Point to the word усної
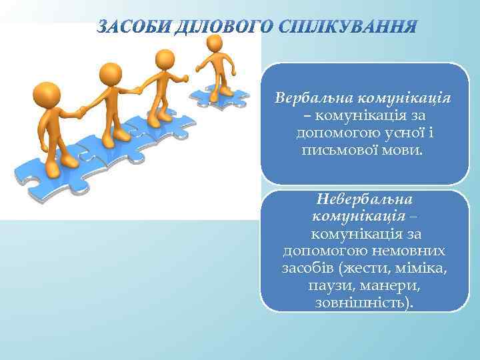(x=393, y=133)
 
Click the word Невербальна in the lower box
(x=365, y=199)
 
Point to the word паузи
(x=328, y=286)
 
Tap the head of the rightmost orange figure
(x=215, y=43)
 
